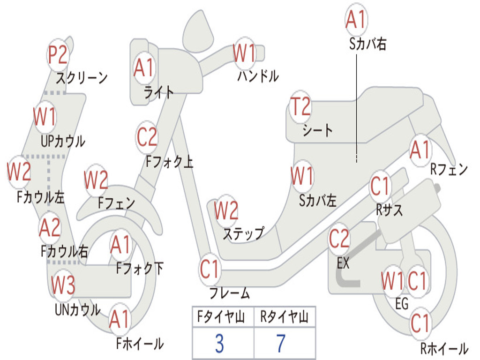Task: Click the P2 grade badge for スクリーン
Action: [59, 55]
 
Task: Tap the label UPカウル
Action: [63, 141]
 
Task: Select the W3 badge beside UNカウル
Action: [63, 285]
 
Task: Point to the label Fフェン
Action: [116, 203]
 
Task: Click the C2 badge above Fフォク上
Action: [147, 137]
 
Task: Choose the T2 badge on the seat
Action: [300, 107]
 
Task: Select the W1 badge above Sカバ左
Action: [301, 176]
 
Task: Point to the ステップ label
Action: [243, 233]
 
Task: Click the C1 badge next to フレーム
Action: [210, 270]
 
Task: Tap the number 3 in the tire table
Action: [219, 344]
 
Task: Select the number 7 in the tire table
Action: [281, 344]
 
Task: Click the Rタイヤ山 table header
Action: [284, 318]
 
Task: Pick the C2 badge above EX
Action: [339, 239]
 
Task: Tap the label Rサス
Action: [389, 210]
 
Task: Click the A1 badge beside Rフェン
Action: [420, 150]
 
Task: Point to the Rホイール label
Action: [443, 348]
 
